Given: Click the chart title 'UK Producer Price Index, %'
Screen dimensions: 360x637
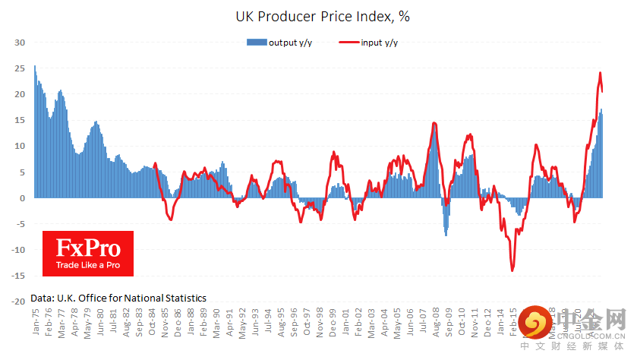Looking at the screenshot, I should tap(318, 15).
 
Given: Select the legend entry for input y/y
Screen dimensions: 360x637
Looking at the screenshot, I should tap(369, 43).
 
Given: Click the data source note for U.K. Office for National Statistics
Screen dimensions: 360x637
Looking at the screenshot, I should tap(118, 298).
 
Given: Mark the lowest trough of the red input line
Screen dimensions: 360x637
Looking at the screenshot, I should tap(512, 270).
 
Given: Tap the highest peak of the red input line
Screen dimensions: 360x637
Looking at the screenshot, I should tap(600, 73).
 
